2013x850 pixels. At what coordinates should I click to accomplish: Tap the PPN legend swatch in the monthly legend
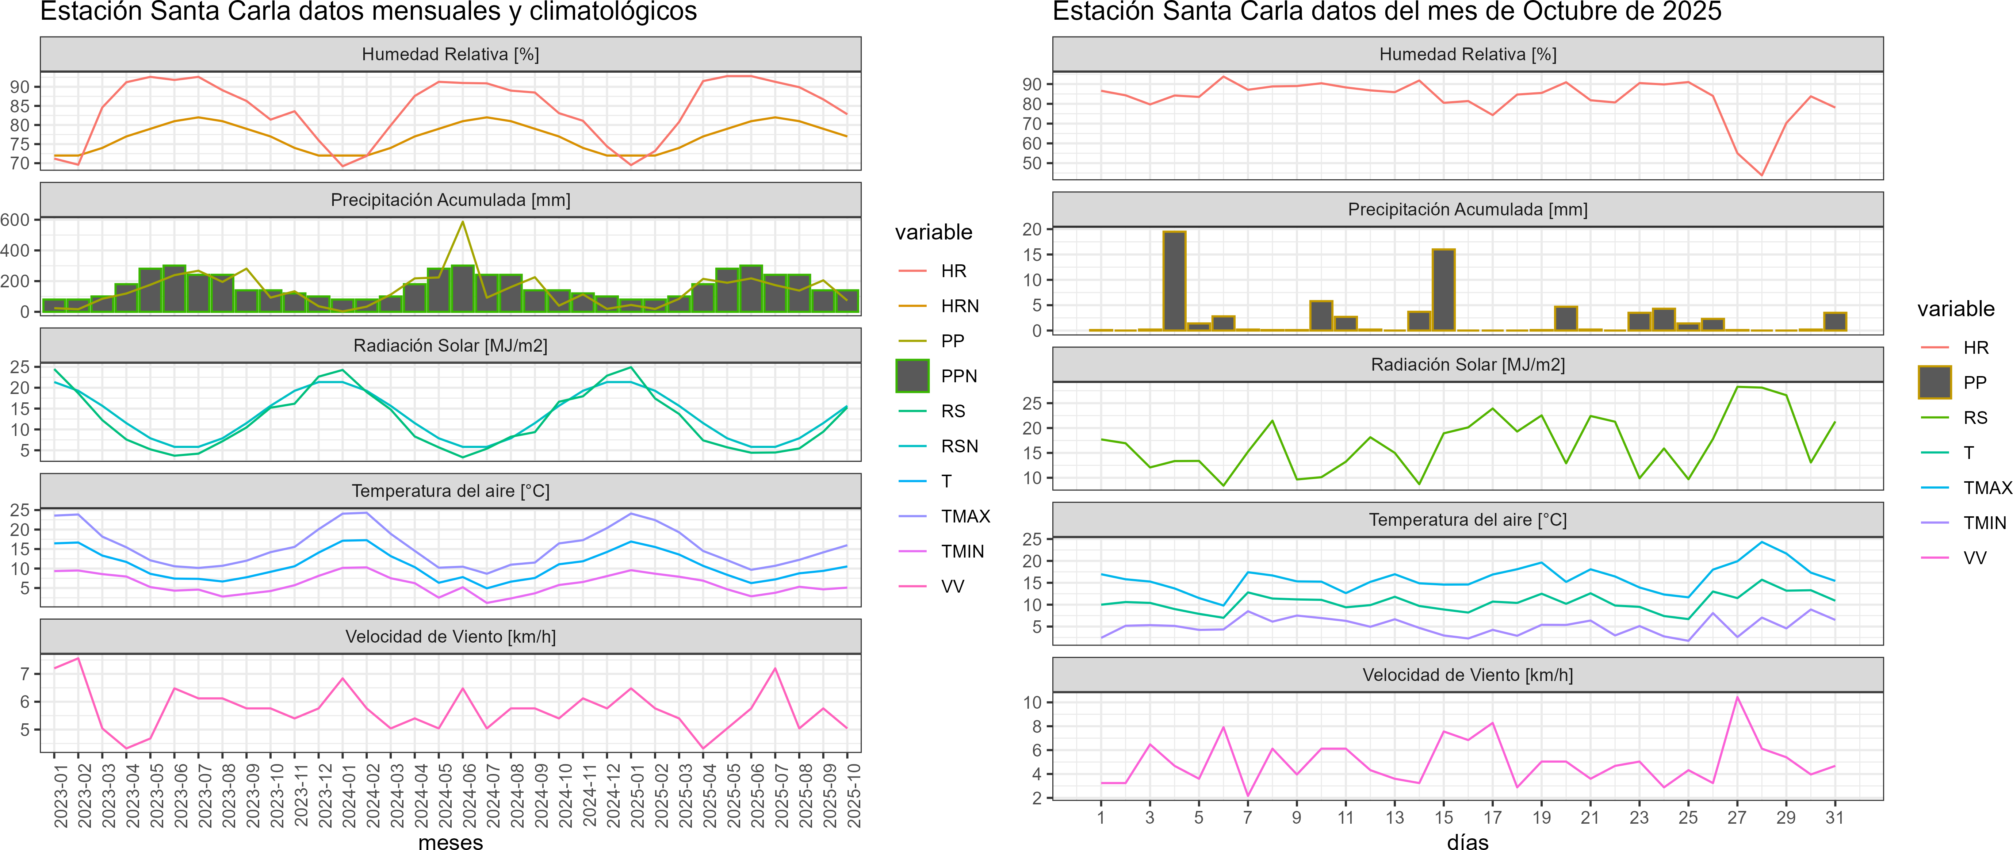tap(912, 376)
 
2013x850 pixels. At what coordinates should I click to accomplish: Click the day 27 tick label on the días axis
tap(1736, 817)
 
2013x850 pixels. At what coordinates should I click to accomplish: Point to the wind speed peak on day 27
tap(1736, 697)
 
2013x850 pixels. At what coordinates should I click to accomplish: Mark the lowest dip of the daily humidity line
tap(1761, 175)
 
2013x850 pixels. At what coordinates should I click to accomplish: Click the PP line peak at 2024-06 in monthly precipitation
tap(463, 222)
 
